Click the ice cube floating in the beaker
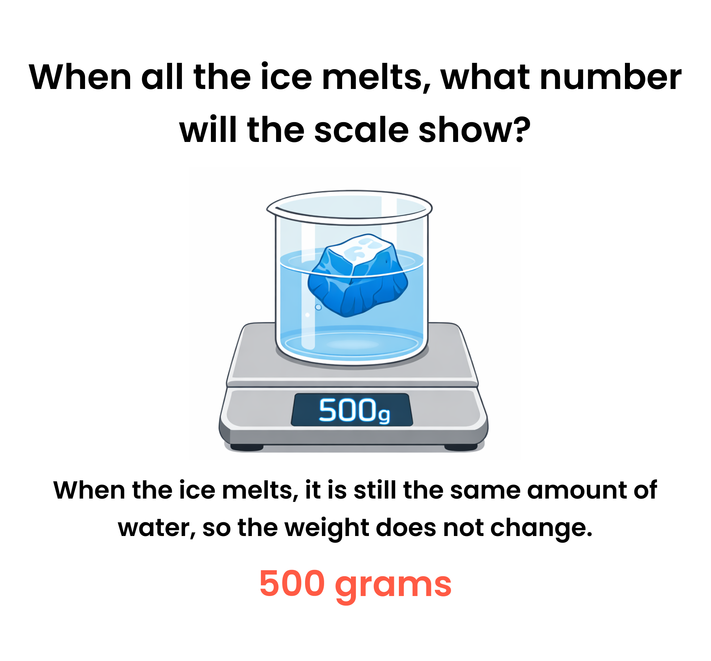[x=358, y=275]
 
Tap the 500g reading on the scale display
[x=354, y=410]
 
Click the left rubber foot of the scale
[x=247, y=447]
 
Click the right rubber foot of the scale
[x=461, y=447]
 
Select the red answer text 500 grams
[x=355, y=584]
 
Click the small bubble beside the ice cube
[x=318, y=307]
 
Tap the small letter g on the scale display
[x=384, y=415]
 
